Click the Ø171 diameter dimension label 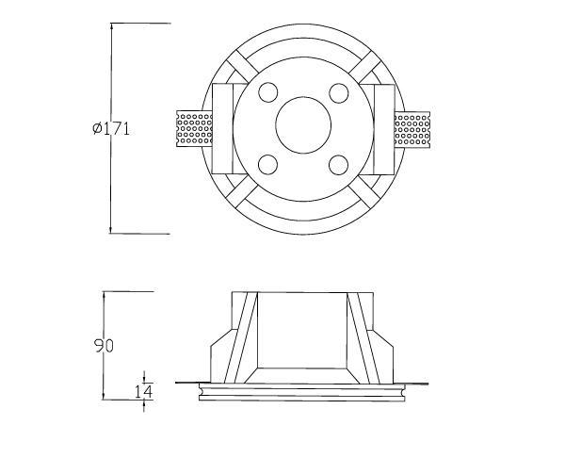(x=110, y=128)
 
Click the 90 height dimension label (x=104, y=346)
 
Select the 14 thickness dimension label (x=143, y=391)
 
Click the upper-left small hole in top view (x=268, y=92)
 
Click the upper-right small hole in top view (x=339, y=92)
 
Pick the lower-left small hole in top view (x=268, y=165)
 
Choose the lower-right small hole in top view (x=338, y=165)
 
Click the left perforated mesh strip (x=194, y=129)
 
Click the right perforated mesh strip (x=412, y=129)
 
